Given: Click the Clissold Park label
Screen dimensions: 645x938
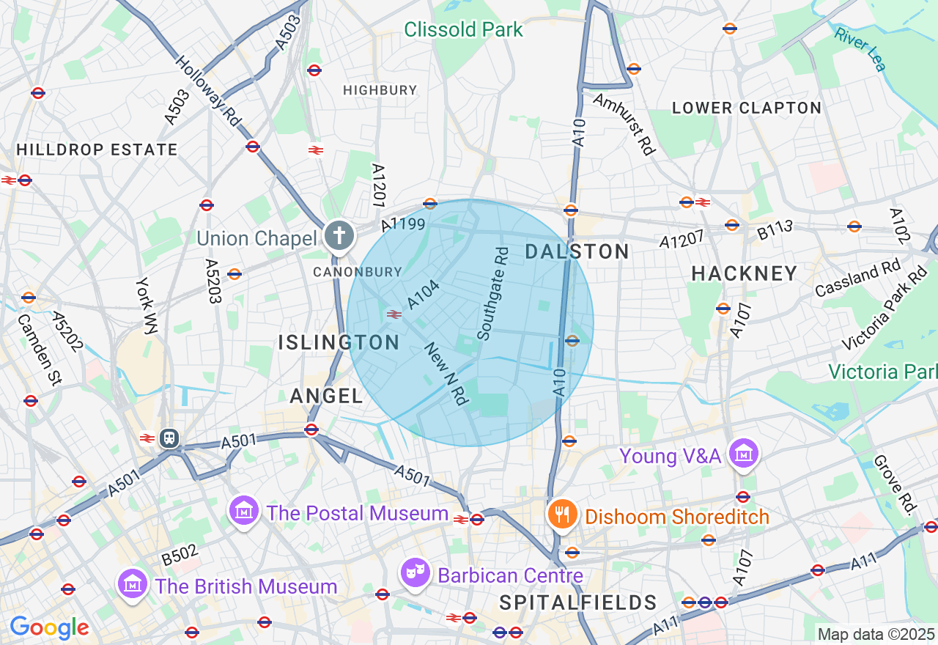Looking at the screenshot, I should (463, 29).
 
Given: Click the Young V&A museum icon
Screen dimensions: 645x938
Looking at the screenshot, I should (744, 452).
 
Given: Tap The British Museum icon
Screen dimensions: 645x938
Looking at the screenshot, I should (133, 584).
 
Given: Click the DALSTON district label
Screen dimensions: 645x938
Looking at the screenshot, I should (577, 252).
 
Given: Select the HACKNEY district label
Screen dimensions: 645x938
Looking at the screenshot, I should (745, 273).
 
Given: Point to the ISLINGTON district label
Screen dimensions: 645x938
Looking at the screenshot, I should (339, 342).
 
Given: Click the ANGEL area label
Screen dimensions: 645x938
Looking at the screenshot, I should (327, 397).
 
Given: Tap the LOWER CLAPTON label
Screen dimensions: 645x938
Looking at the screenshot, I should (747, 108).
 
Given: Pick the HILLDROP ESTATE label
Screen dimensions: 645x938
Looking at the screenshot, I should (97, 150).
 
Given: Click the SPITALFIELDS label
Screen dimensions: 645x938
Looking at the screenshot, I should (578, 603).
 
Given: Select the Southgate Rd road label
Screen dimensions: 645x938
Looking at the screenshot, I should (492, 293).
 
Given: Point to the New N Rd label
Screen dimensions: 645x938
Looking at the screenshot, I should (446, 373).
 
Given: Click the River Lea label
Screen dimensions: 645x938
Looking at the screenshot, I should (860, 48).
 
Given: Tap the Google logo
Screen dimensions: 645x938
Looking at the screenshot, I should (49, 627).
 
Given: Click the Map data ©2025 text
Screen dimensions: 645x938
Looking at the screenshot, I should (876, 634).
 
